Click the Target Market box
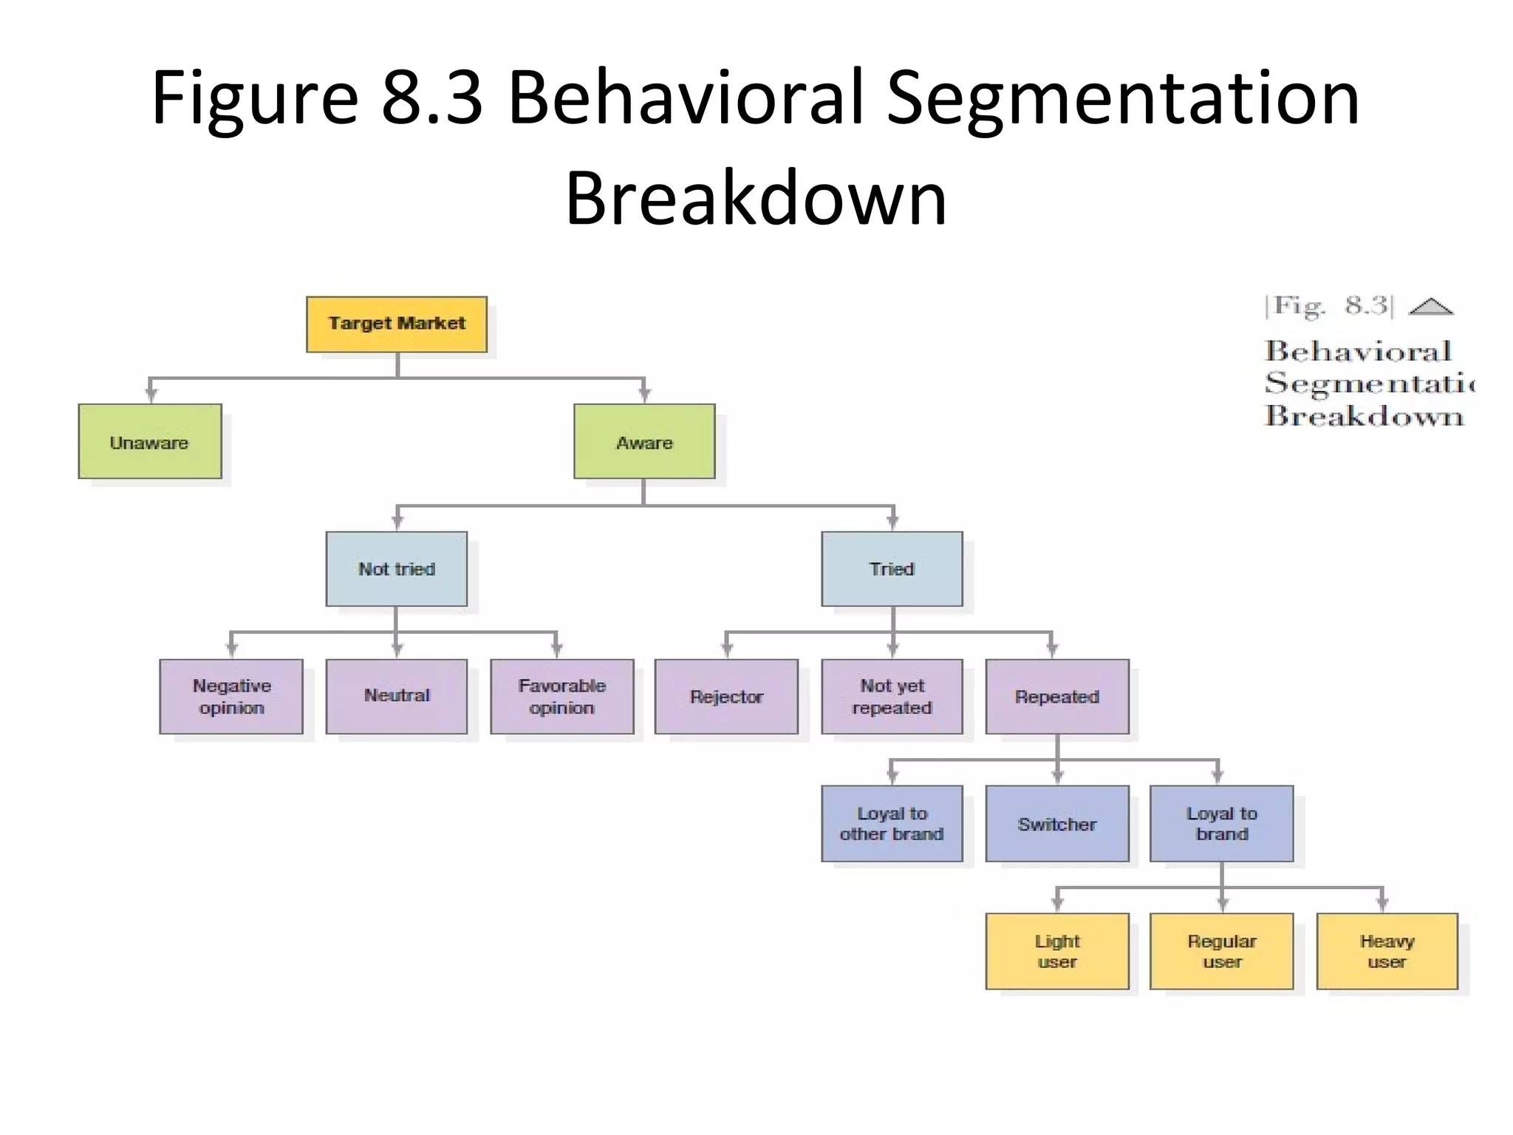(x=397, y=324)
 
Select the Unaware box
(x=150, y=441)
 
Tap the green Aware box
(x=644, y=441)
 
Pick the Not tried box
(x=397, y=568)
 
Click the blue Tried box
(x=892, y=568)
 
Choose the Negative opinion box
(x=231, y=696)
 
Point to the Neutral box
(x=397, y=696)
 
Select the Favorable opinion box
(x=562, y=696)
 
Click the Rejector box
(x=726, y=696)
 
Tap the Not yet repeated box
(x=892, y=696)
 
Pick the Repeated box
(x=1057, y=696)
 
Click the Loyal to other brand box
(x=892, y=823)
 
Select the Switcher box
(x=1057, y=823)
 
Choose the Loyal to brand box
(x=1222, y=823)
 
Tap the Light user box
(x=1057, y=951)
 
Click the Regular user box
(x=1222, y=951)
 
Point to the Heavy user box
(x=1387, y=951)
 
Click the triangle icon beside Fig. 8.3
(x=1431, y=307)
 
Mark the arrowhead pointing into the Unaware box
(x=151, y=395)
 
